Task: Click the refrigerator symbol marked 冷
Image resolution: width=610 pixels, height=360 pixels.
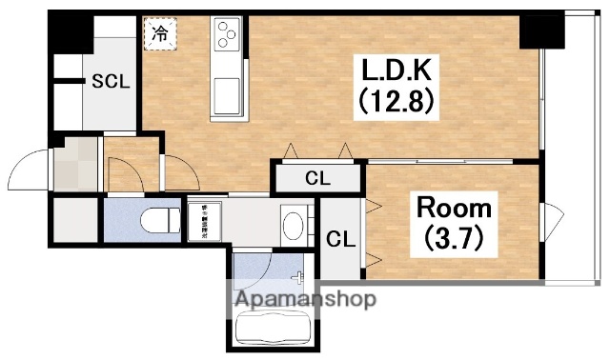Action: point(159,34)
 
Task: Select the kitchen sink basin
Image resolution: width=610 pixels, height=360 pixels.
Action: point(228,93)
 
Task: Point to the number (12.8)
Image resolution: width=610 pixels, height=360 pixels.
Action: point(397,98)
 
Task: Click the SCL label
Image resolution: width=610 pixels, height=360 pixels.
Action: point(110,82)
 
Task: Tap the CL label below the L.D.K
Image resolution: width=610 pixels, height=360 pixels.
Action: point(317,177)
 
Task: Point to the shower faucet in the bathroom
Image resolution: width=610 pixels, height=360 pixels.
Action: point(301,278)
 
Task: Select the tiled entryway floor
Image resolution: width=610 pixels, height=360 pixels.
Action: point(74,166)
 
